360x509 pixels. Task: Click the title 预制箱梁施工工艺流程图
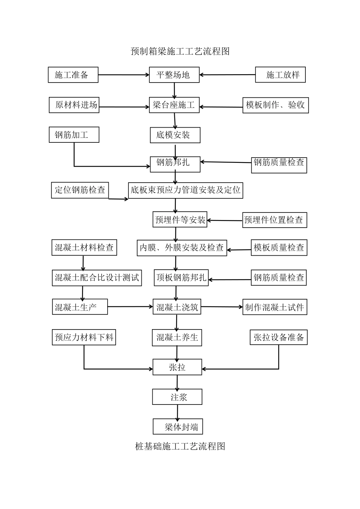coord(180,51)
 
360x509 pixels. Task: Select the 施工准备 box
coord(73,75)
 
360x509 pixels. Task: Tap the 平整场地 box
coord(175,75)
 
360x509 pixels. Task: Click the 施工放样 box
coord(280,75)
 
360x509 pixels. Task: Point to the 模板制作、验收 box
coord(275,105)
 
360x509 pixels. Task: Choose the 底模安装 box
coord(175,135)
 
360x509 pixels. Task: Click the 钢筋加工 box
coord(74,135)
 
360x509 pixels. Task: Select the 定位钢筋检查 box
coord(80,190)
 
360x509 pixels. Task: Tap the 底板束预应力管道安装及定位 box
coord(185,190)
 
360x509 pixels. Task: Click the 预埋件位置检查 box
coord(274,220)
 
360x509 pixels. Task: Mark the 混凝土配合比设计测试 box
coord(97,278)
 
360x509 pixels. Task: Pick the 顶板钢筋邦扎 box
coord(181,278)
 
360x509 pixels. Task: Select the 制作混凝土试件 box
coord(275,307)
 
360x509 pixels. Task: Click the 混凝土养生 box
coord(177,337)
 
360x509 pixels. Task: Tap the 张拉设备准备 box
coord(279,337)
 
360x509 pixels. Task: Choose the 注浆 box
coord(177,397)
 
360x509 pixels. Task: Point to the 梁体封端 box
coord(178,427)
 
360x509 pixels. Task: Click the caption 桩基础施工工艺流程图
coord(180,446)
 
